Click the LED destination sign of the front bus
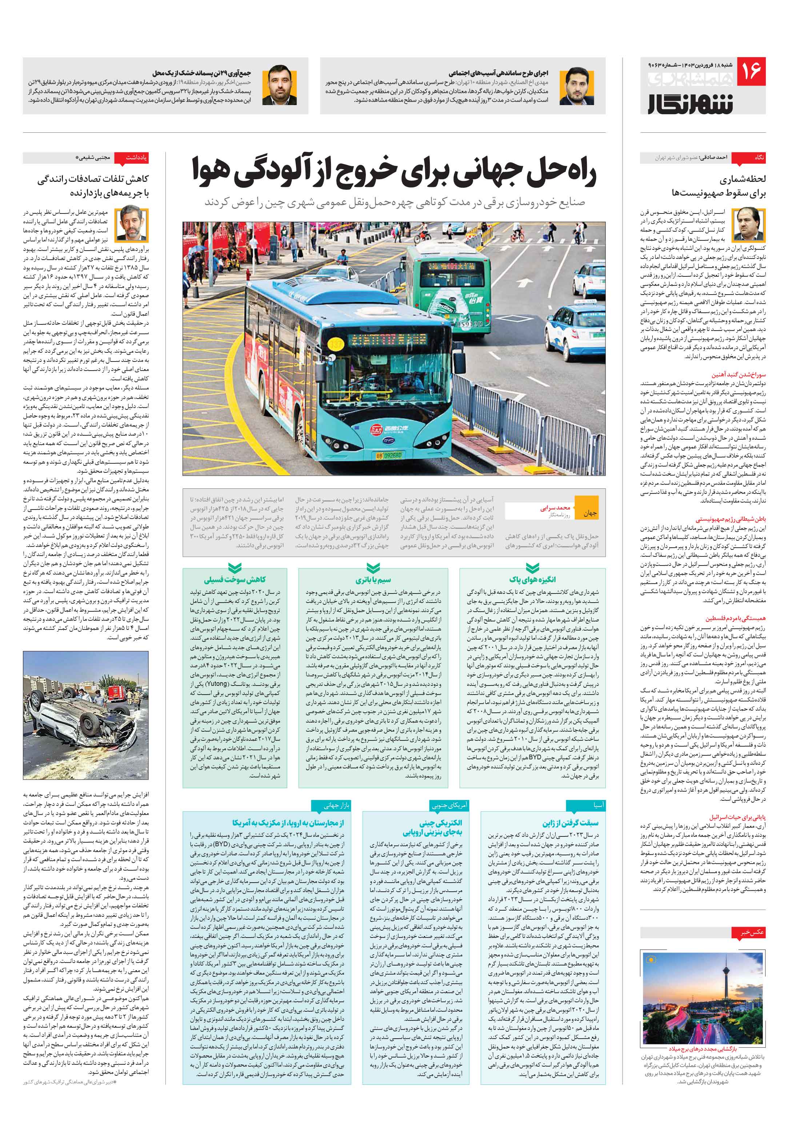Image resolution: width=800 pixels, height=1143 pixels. click(389, 340)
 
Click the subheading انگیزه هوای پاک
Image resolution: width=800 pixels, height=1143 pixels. click(532, 579)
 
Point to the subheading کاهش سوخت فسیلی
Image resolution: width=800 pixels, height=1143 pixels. click(235, 579)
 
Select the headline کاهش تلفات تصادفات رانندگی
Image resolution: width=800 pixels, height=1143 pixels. click(93, 180)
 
